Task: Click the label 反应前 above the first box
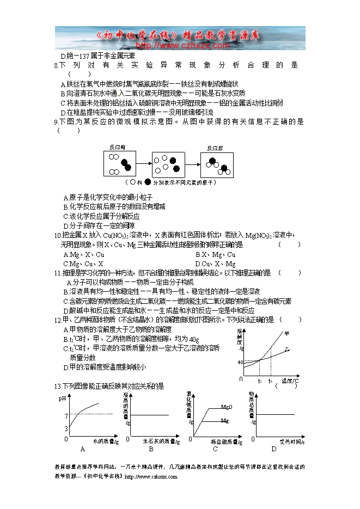tap(117, 148)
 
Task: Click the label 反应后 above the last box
tap(215, 148)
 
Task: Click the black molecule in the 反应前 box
tap(126, 164)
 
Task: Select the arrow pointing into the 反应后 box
tap(193, 164)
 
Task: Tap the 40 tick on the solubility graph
tap(240, 362)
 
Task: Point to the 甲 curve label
tap(286, 333)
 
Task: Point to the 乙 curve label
tap(287, 349)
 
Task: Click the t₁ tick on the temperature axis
tap(260, 381)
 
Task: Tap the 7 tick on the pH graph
tap(66, 416)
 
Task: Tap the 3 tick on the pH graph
tap(66, 428)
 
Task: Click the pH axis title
tap(62, 399)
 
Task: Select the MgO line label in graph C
tap(227, 407)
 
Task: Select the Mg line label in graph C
tap(224, 420)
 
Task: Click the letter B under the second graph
tap(151, 449)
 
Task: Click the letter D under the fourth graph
tap(274, 449)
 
